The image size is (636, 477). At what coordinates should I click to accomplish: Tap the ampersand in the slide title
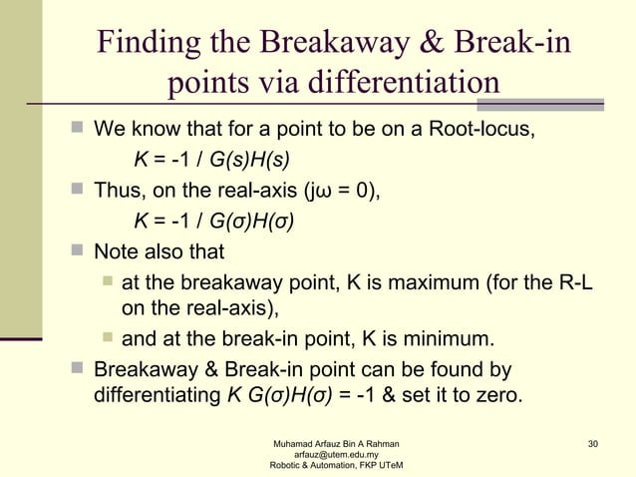pyautogui.click(x=445, y=45)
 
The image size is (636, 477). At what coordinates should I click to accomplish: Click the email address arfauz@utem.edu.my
pyautogui.click(x=330, y=454)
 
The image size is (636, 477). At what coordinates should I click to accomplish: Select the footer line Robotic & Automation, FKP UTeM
pyautogui.click(x=330, y=466)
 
